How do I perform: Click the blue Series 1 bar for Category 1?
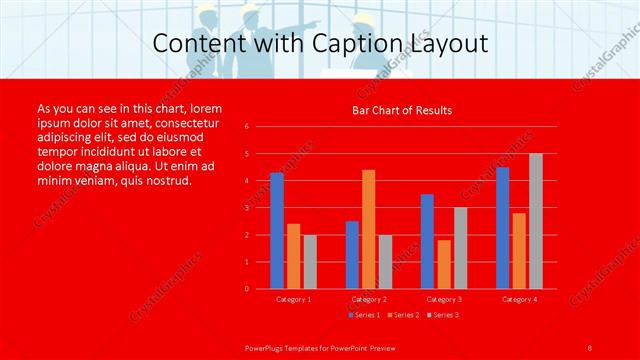pos(277,231)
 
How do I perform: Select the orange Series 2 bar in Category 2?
pos(368,229)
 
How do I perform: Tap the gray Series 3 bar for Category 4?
pos(536,221)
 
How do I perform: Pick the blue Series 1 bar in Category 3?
pos(427,241)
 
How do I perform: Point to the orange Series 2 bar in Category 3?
pos(443,264)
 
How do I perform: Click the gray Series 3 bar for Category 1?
pos(310,261)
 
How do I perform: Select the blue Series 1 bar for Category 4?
pos(502,228)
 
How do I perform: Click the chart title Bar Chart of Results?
pos(402,110)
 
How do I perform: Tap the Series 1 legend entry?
pos(363,315)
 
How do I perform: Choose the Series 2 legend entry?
pos(401,315)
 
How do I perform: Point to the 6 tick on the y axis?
pos(246,127)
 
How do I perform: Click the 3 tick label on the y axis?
pos(246,208)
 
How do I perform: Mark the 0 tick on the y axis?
pos(246,289)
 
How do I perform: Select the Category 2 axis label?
pos(369,299)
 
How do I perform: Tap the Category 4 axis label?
pos(519,299)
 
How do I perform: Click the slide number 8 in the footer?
pos(590,346)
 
